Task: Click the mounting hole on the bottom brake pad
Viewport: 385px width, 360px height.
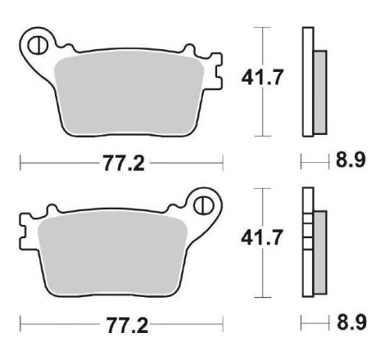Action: (x=203, y=205)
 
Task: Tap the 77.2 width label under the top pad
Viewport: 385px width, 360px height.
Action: (x=124, y=163)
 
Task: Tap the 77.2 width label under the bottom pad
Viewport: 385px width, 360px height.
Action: (x=127, y=326)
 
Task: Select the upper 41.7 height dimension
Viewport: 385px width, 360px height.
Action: (x=261, y=77)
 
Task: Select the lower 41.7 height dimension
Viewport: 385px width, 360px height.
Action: (x=261, y=237)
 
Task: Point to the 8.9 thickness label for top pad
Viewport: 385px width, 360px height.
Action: (x=351, y=160)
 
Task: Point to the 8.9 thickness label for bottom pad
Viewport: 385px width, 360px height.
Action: (x=351, y=322)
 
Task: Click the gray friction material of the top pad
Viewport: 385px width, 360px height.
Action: (x=129, y=94)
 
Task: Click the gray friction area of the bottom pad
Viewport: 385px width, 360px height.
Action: (x=113, y=254)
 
